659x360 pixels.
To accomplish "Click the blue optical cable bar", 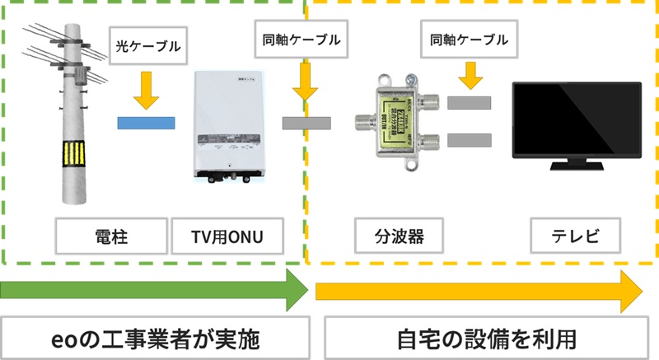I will (x=146, y=124).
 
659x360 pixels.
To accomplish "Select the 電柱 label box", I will (x=111, y=238).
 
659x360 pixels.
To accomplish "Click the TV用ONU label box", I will (x=227, y=238).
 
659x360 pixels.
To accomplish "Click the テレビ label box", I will (x=575, y=238).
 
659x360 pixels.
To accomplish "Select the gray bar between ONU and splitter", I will (x=306, y=124).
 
